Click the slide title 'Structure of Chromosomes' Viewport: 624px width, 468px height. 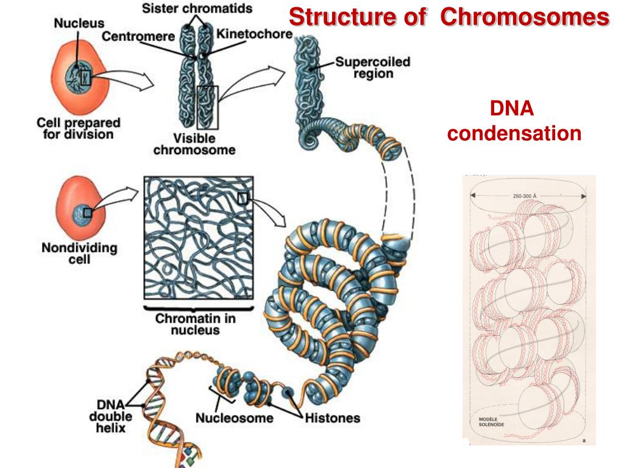click(449, 17)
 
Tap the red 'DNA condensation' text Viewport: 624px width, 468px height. click(514, 121)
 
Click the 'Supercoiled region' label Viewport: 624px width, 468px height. click(364, 68)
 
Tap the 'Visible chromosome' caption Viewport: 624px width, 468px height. click(194, 144)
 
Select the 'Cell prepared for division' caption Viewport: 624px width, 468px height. click(78, 129)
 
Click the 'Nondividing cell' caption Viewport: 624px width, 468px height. click(79, 253)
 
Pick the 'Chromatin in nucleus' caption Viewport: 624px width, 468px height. click(195, 324)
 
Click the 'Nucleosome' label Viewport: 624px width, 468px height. click(235, 419)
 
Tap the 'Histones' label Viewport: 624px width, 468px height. click(332, 419)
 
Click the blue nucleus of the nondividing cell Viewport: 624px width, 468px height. click(81, 213)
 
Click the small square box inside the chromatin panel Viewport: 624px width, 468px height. click(243, 197)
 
